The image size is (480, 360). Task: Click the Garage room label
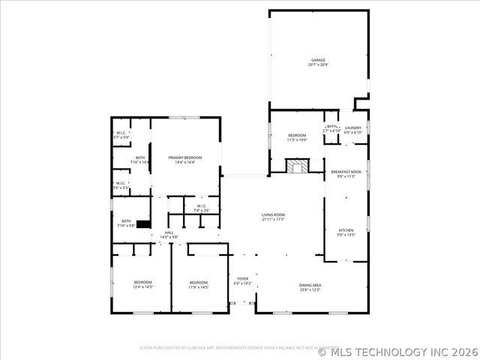coord(319,60)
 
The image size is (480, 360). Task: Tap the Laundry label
coord(352,128)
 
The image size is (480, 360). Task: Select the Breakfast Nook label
coord(346,172)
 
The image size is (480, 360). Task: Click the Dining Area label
coord(310,286)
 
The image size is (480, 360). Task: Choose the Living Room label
coord(273,214)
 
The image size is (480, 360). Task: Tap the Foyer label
coord(242,278)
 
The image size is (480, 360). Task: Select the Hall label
coord(169,232)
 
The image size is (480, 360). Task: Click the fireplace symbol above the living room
coord(297,166)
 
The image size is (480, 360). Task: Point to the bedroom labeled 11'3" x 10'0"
coord(297,135)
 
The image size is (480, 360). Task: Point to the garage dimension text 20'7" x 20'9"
coord(319,65)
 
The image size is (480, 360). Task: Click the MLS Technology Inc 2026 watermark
coord(398,351)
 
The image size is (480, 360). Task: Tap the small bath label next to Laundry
coord(331,127)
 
